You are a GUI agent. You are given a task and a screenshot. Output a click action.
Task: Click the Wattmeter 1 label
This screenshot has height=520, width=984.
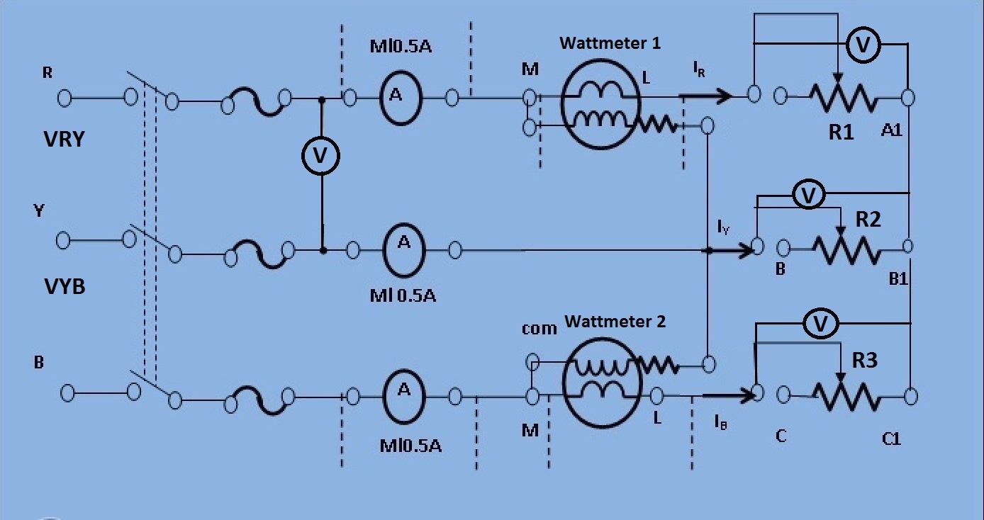(610, 43)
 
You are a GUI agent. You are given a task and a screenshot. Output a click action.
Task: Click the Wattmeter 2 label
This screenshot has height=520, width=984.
(615, 322)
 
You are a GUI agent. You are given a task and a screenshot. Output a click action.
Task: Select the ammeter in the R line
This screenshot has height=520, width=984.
(400, 98)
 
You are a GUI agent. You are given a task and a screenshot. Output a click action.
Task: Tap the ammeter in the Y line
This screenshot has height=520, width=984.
(404, 250)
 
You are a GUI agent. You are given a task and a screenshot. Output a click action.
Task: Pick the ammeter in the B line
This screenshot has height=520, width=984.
(404, 397)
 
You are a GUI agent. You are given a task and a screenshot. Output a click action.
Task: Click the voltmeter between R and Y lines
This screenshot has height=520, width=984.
(320, 156)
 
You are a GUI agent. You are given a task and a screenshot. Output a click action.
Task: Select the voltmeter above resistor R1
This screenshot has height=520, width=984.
(863, 45)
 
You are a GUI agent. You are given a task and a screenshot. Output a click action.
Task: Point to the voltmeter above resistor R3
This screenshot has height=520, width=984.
(820, 324)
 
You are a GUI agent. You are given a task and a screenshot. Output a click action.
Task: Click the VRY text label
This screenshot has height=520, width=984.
(64, 139)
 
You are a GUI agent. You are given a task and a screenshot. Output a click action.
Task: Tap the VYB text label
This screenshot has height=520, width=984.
(65, 286)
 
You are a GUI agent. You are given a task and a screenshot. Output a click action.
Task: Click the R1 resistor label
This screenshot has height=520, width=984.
(842, 132)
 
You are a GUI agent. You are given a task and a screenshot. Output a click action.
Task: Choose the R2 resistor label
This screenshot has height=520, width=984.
(868, 220)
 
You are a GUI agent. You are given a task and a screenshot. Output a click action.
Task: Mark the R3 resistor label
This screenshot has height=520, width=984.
(864, 361)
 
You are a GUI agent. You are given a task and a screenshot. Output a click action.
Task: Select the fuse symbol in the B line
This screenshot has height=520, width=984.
(259, 400)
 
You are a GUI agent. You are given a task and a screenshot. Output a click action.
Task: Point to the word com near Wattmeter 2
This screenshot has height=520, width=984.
(539, 329)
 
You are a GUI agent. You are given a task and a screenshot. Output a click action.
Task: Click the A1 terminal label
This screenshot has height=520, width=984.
(892, 130)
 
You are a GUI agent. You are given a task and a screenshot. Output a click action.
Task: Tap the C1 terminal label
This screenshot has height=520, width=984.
(891, 439)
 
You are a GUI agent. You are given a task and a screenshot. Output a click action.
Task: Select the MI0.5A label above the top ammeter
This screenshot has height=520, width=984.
(401, 46)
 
